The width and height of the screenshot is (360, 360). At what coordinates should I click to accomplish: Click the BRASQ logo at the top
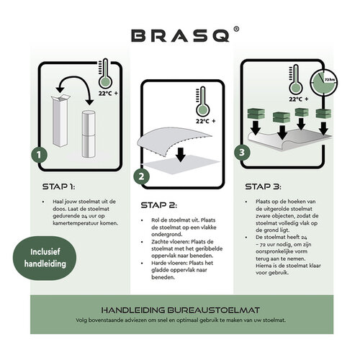(178, 34)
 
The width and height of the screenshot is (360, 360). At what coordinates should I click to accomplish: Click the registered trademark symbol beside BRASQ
(226, 29)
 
